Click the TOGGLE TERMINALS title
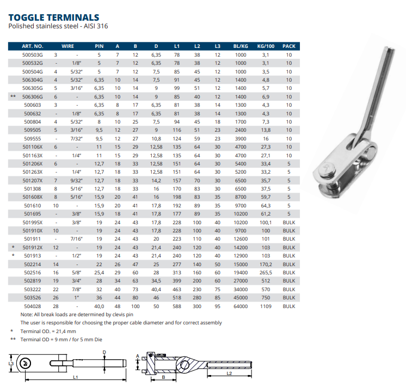(54, 18)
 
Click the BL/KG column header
(240, 46)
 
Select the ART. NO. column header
(34, 46)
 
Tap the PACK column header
(289, 46)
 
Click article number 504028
(33, 307)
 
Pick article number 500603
(33, 105)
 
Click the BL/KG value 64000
(240, 307)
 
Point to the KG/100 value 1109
(266, 307)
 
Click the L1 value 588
(177, 307)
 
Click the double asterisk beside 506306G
(12, 96)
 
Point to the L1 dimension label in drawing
(75, 377)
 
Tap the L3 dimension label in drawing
(10, 363)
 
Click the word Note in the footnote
(27, 315)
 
